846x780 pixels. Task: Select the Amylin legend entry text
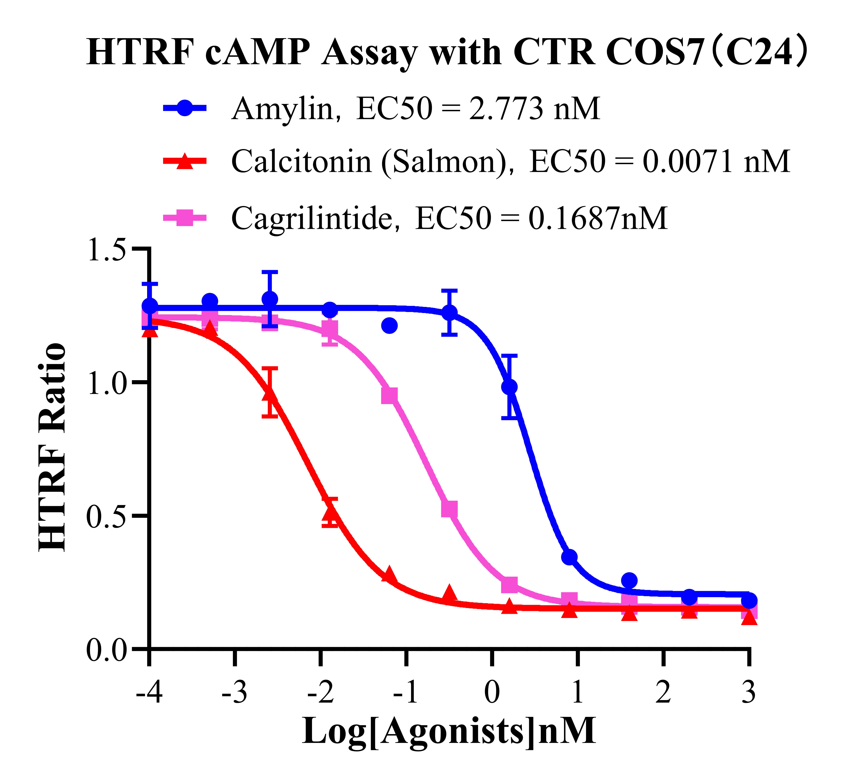[415, 109]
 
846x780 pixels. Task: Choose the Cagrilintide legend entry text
[449, 218]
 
